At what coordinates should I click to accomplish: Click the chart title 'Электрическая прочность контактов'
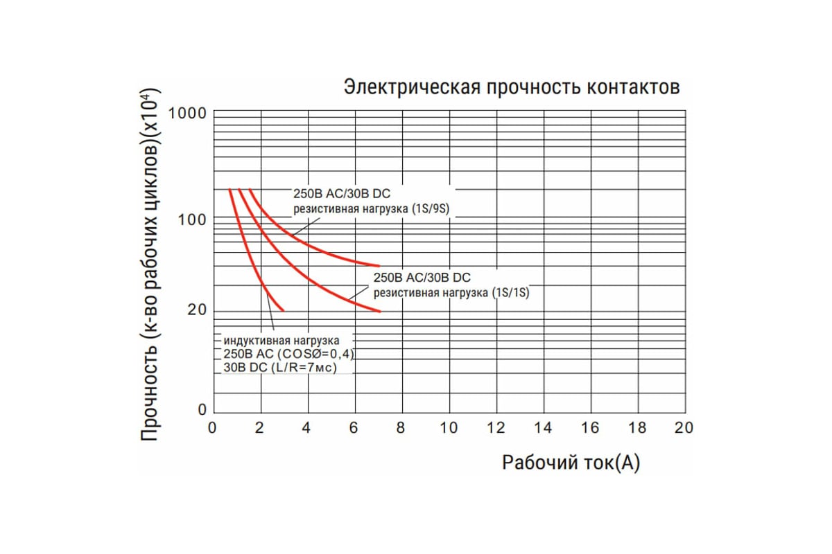point(512,88)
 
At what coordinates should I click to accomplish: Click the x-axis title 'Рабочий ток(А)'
point(571,463)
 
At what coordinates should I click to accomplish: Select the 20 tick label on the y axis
point(197,310)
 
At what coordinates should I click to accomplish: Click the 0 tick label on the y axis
point(202,410)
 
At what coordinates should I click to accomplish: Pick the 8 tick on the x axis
point(401,428)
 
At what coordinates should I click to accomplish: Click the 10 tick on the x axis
point(449,428)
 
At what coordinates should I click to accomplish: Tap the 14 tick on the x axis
point(543,428)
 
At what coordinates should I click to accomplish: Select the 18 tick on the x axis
point(637,428)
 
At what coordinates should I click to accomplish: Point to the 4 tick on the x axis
point(306,428)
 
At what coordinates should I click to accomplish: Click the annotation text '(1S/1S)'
point(510,293)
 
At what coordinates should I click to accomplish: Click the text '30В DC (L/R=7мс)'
point(280,368)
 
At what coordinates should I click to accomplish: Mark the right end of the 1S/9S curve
point(379,265)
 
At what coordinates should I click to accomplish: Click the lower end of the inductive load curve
point(283,310)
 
